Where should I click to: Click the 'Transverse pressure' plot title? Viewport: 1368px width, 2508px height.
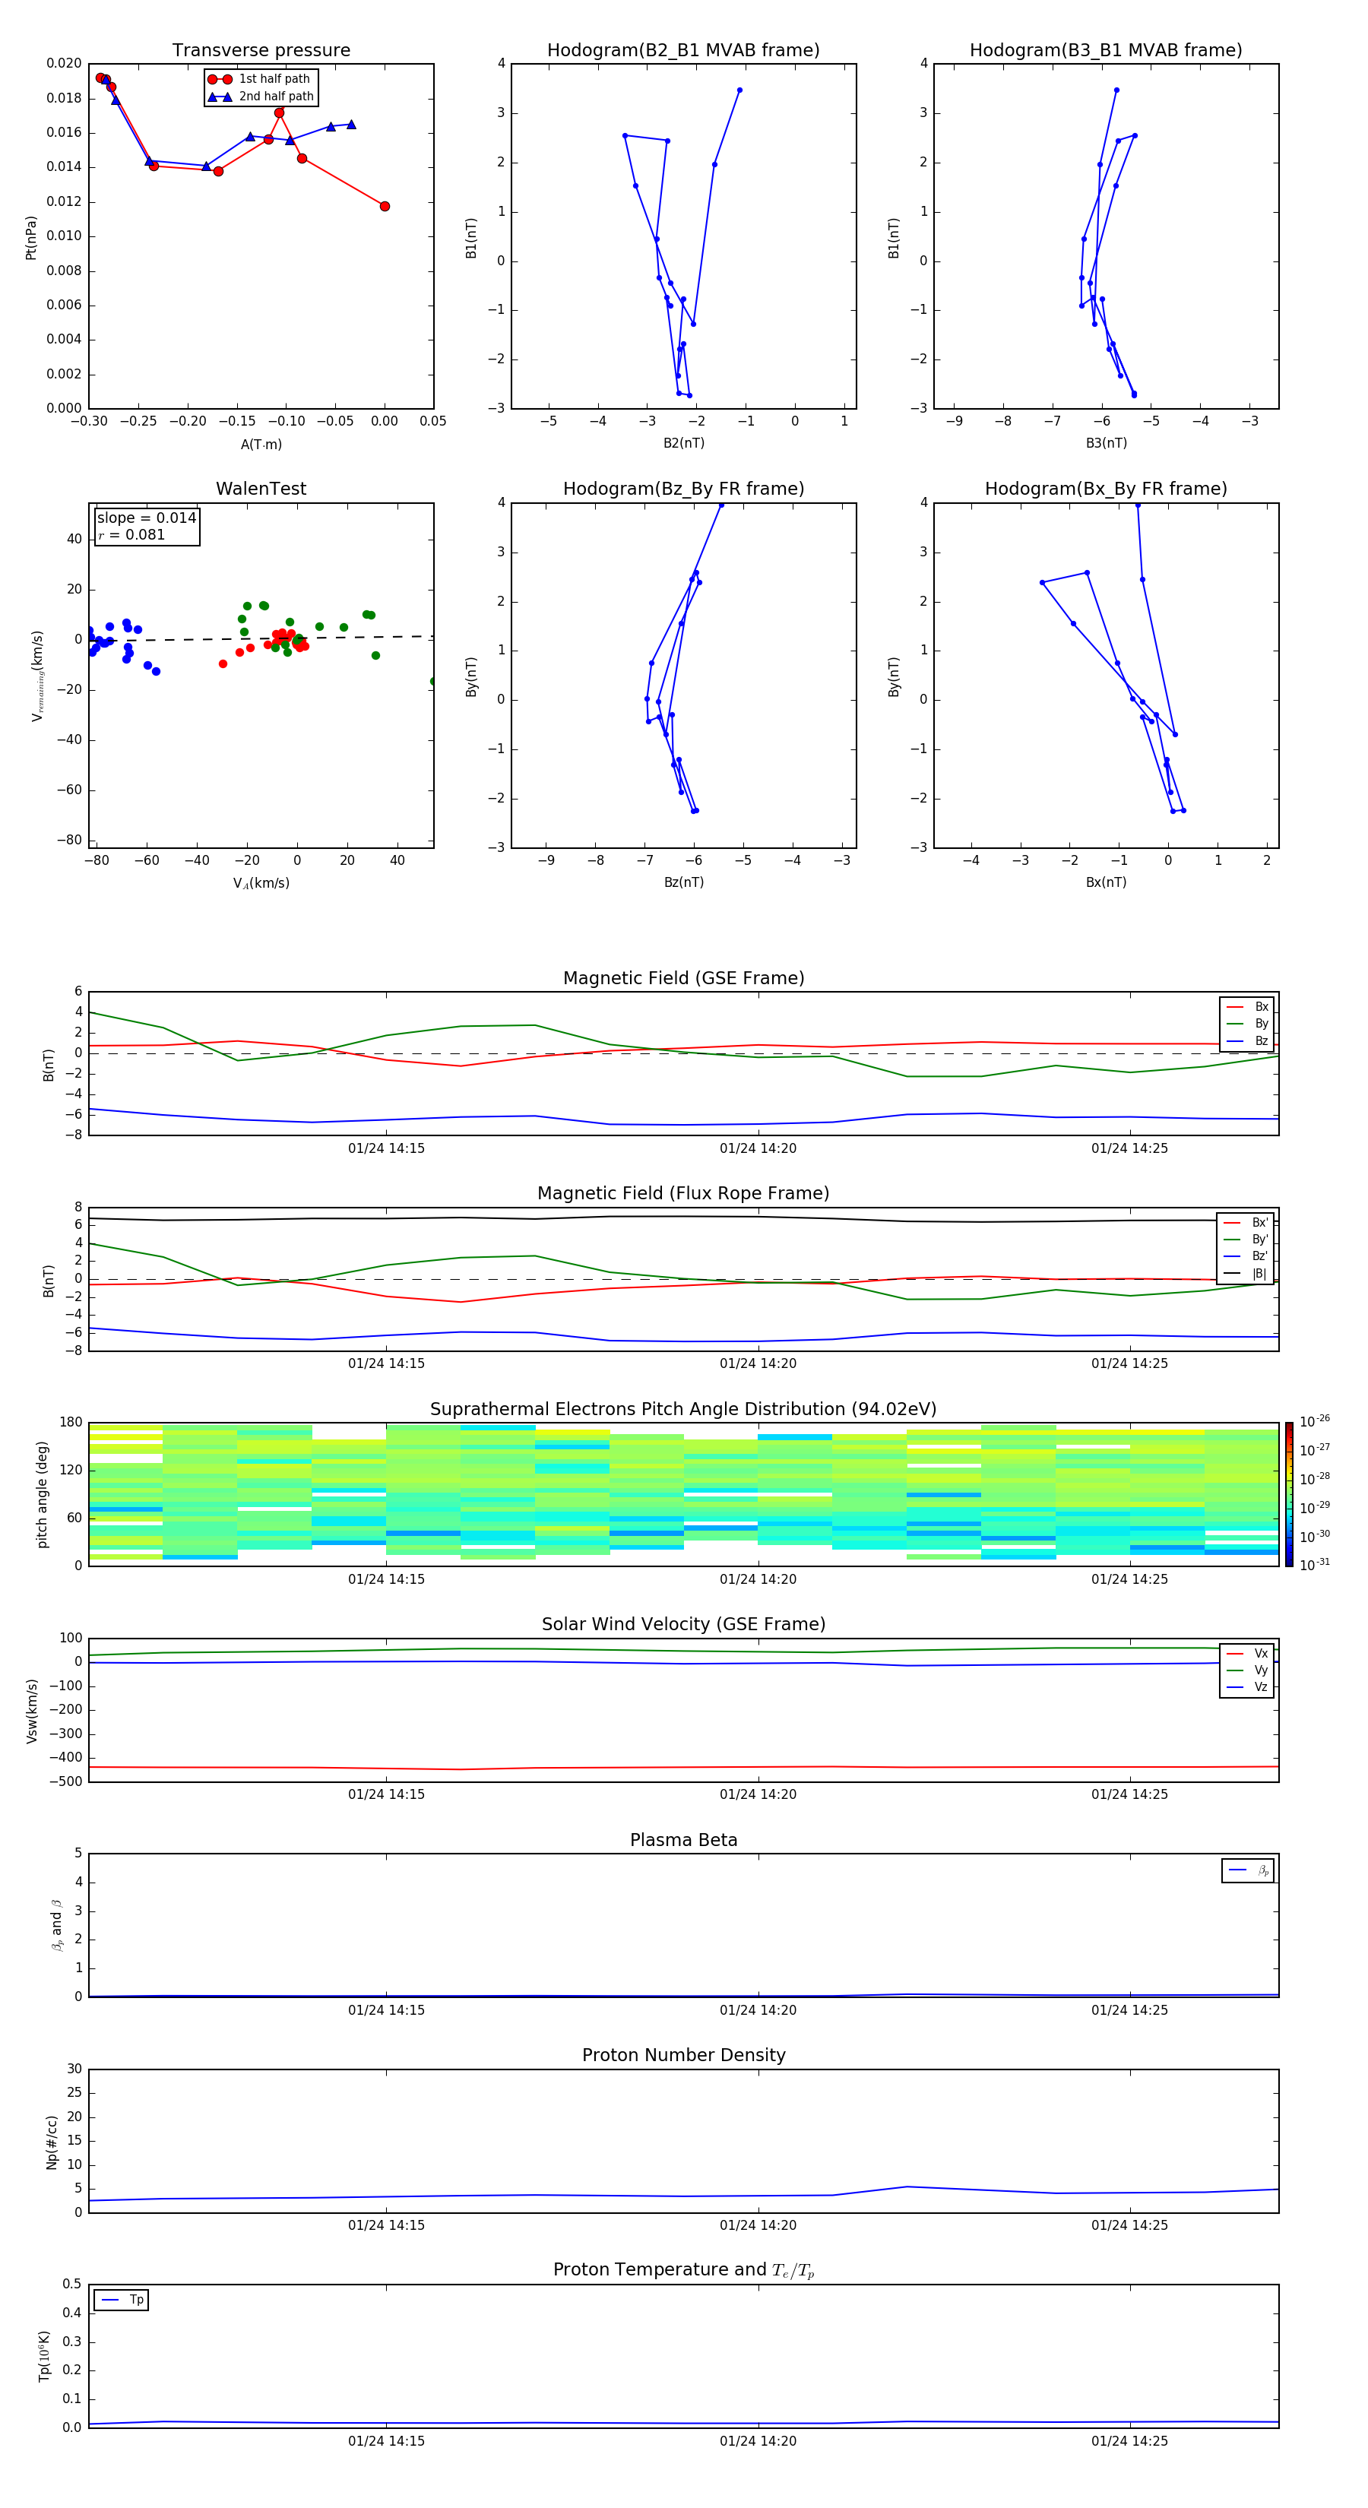coord(261,51)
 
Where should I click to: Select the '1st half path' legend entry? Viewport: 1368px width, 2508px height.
coord(274,79)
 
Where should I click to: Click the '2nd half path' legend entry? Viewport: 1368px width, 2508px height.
coord(276,97)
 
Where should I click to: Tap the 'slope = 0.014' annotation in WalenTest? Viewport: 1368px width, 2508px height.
coord(146,518)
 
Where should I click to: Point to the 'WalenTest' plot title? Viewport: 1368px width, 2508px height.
coord(261,489)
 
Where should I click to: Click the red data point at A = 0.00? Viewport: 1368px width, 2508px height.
coord(385,207)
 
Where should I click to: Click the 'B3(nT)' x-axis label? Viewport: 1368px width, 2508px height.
coord(1106,443)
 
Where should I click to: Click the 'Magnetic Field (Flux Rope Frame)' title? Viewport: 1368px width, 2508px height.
coord(683,1194)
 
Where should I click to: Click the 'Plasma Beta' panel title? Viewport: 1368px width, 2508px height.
coord(683,1840)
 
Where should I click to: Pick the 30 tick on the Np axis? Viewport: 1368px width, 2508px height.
coord(74,2069)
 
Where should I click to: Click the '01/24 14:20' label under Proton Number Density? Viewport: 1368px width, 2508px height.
coord(758,2225)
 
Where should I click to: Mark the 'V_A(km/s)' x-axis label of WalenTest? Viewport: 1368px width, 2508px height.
coord(261,883)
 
